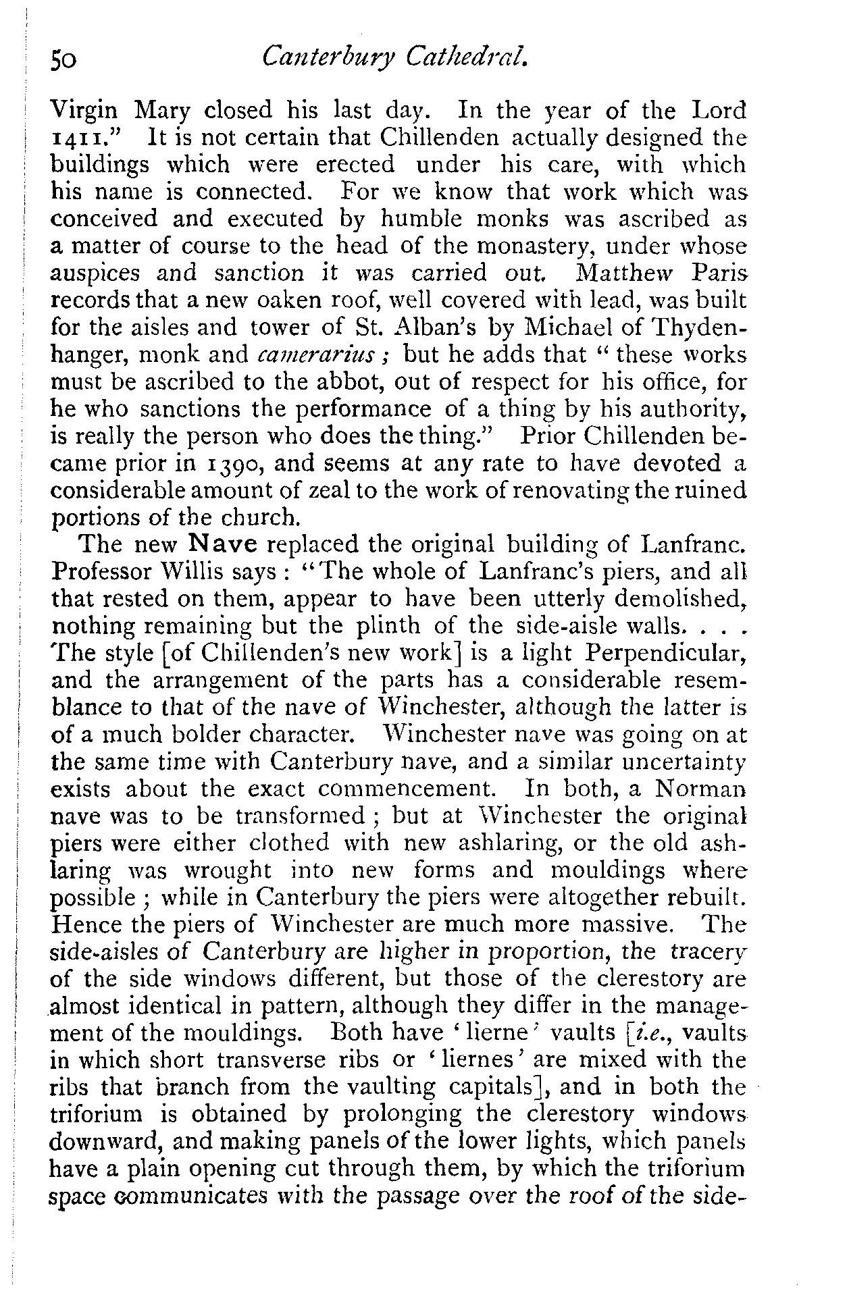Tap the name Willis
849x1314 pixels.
click(198, 572)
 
